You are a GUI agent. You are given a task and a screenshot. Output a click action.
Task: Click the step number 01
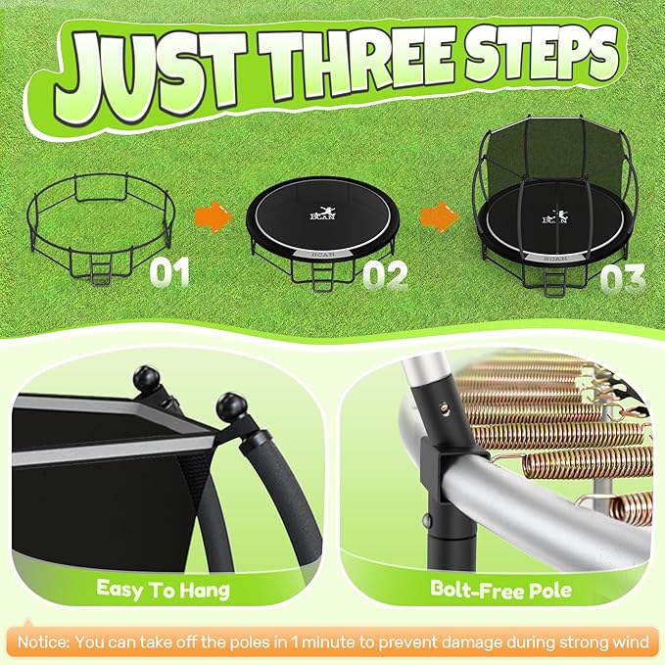pos(169,271)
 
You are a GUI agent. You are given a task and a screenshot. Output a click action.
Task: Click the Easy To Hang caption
pos(164,590)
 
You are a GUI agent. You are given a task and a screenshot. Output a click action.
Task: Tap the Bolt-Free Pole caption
pos(500,590)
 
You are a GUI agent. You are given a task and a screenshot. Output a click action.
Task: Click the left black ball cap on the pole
pos(155,376)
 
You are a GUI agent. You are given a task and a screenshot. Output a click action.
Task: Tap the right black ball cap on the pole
pos(232,404)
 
